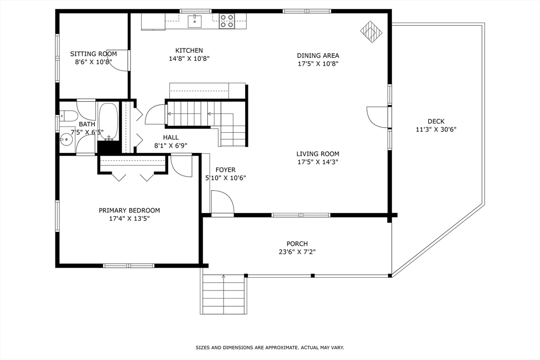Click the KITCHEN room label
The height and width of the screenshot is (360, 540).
[189, 50]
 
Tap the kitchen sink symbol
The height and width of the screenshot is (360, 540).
[195, 21]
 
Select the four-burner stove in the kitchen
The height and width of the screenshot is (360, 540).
[227, 21]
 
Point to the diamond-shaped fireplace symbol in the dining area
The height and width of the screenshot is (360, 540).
[371, 32]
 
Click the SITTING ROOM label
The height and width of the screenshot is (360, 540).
[93, 54]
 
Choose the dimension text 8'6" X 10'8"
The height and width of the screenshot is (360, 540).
[93, 62]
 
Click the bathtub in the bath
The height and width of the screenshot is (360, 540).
[109, 122]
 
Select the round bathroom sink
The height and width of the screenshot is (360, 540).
[66, 140]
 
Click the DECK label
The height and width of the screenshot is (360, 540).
[436, 121]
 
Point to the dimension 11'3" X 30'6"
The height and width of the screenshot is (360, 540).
[436, 130]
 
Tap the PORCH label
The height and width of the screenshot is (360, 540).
[297, 244]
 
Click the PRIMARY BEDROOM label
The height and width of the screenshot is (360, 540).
[129, 210]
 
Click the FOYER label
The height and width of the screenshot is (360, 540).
[226, 170]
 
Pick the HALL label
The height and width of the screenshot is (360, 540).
[171, 138]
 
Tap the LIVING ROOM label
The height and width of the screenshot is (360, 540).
[318, 154]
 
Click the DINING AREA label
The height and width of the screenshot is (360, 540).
[318, 55]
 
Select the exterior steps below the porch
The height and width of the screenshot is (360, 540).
[223, 295]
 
